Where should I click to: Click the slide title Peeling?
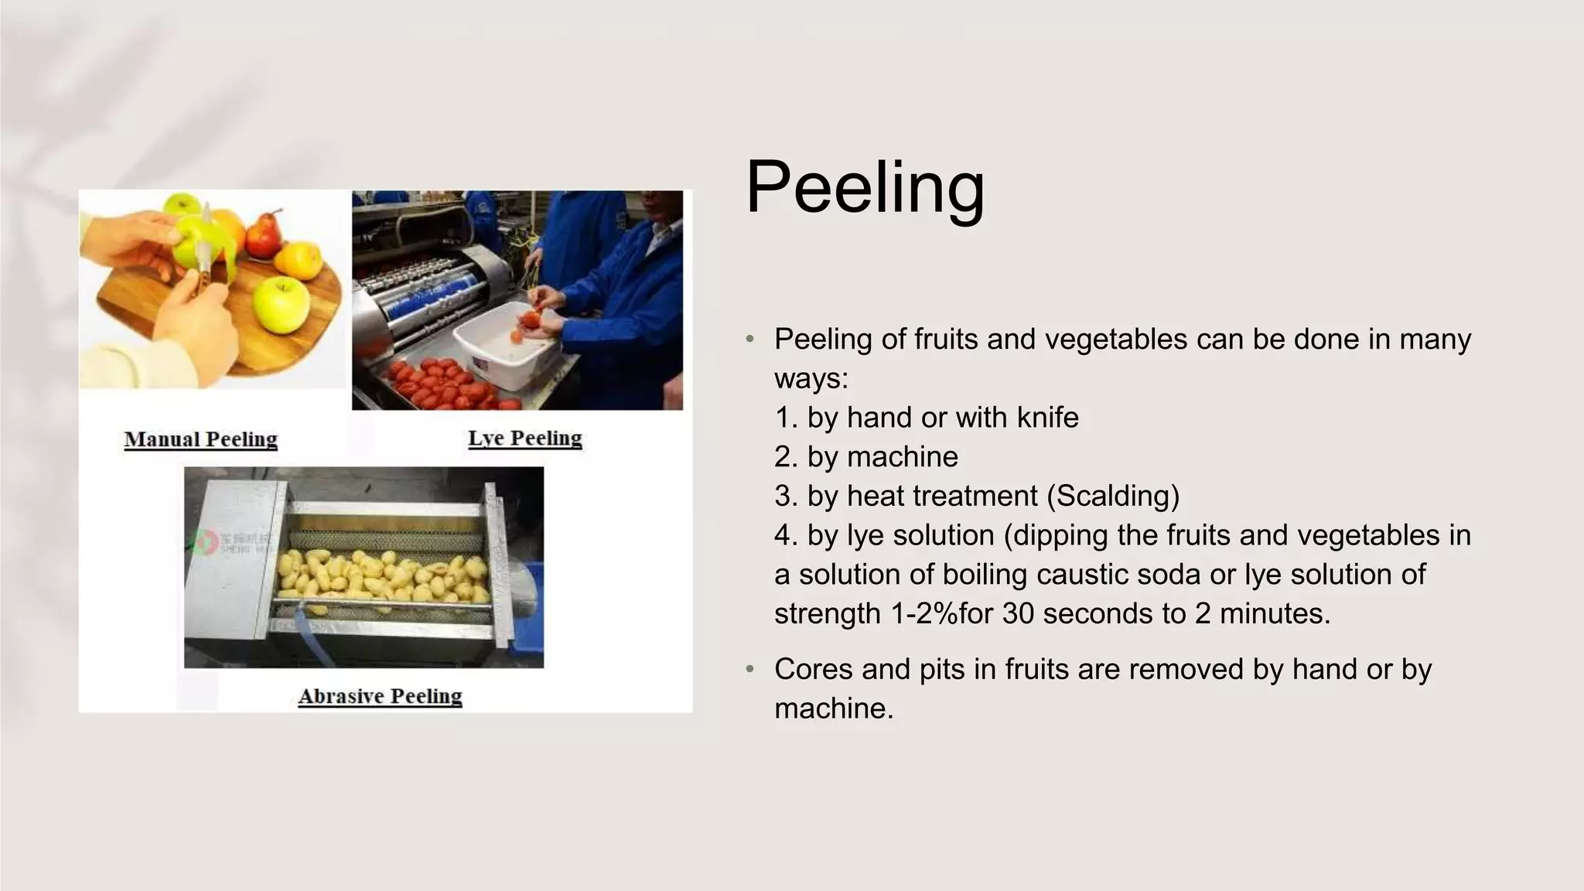pyautogui.click(x=865, y=188)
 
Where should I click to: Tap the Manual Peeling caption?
pyautogui.click(x=201, y=439)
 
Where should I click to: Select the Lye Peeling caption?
pyautogui.click(x=525, y=438)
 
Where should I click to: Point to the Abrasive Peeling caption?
pyautogui.click(x=381, y=696)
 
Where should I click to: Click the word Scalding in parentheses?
pyautogui.click(x=1113, y=496)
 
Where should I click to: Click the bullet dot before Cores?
pyautogui.click(x=749, y=670)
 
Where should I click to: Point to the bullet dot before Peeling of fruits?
pyautogui.click(x=749, y=340)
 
